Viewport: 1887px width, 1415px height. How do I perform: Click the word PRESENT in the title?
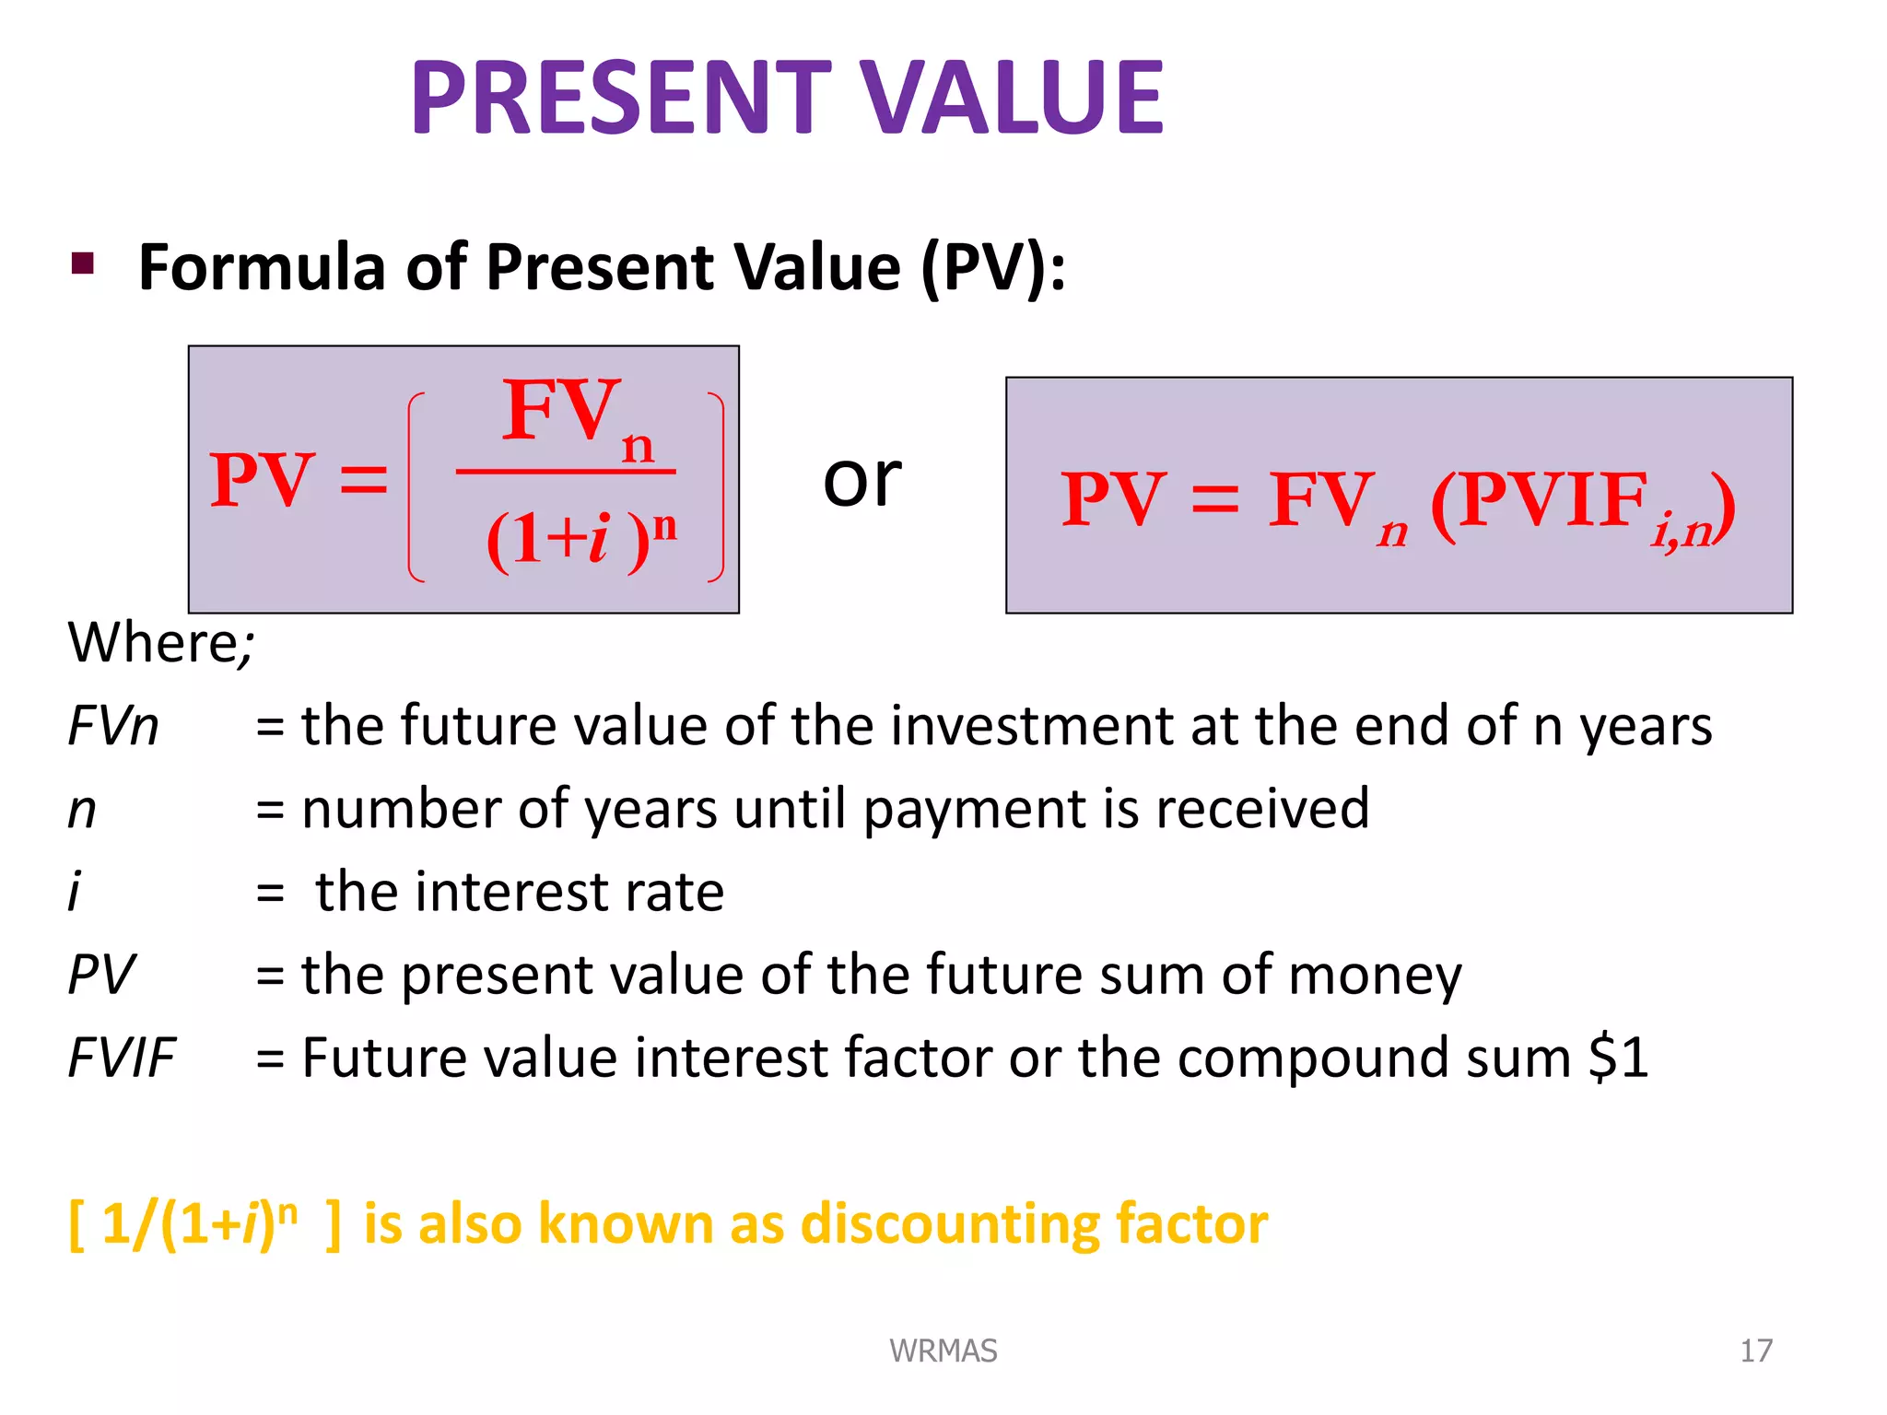pos(620,97)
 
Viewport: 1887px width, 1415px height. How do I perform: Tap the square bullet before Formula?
pos(83,264)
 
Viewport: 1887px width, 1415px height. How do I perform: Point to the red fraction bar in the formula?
pos(565,472)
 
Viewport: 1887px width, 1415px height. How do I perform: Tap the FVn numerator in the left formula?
pos(576,416)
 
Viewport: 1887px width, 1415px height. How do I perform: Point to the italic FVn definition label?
pos(113,726)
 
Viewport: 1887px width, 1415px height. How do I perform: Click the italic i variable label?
pos(75,892)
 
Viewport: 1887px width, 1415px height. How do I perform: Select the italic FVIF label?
pos(121,1058)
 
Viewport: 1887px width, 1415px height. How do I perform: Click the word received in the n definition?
pos(1261,809)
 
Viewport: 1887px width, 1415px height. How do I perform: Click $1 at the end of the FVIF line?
pos(1618,1058)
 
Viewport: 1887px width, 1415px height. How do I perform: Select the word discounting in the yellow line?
pos(949,1224)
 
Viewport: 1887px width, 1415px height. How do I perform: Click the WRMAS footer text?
pos(943,1351)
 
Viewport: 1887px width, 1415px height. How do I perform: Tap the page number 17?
pos(1755,1351)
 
